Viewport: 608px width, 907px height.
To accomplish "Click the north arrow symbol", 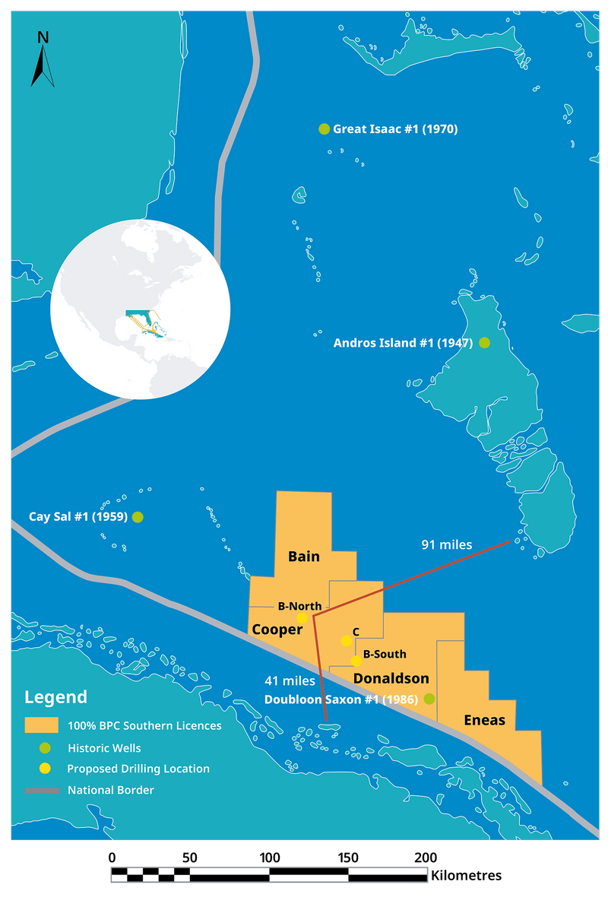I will click(43, 59).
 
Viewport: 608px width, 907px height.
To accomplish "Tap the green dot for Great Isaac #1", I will click(324, 129).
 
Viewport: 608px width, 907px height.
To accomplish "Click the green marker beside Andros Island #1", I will click(484, 343).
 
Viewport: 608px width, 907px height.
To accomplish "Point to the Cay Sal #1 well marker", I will click(138, 517).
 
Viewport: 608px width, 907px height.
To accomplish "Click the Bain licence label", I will click(303, 557).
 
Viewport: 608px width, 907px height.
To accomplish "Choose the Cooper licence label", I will click(277, 630).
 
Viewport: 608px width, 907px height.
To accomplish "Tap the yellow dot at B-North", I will click(302, 618).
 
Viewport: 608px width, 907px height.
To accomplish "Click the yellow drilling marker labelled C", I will click(347, 641).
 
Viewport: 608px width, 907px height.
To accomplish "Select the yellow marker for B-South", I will click(356, 661).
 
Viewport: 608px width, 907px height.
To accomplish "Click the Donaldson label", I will click(391, 678).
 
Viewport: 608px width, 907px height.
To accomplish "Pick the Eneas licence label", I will click(484, 720).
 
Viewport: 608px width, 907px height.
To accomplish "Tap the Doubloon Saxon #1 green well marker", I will click(429, 699).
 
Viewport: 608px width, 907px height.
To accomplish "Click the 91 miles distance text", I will click(447, 544).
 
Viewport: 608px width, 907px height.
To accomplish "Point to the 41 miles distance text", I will click(290, 681).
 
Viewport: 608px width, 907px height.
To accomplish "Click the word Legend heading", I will click(55, 697).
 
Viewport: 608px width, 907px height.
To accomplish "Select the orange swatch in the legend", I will click(41, 725).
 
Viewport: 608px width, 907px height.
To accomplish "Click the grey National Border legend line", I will click(41, 791).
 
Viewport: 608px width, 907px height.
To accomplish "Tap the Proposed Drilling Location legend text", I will click(138, 769).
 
